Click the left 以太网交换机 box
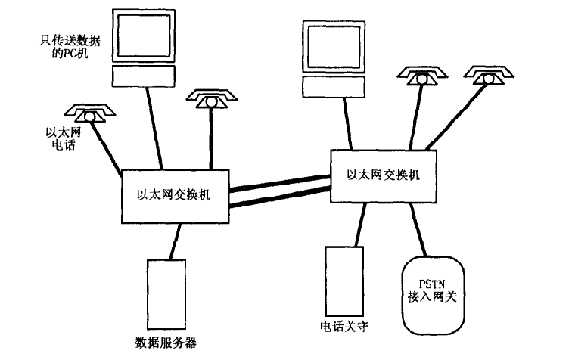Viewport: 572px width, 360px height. (x=174, y=194)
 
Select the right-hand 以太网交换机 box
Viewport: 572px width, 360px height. (x=383, y=174)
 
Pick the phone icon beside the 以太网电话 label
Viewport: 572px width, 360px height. (x=89, y=113)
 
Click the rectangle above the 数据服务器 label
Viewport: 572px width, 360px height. (x=166, y=293)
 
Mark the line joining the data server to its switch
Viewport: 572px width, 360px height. (x=173, y=241)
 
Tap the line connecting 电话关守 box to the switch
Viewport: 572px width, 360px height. (x=356, y=225)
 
